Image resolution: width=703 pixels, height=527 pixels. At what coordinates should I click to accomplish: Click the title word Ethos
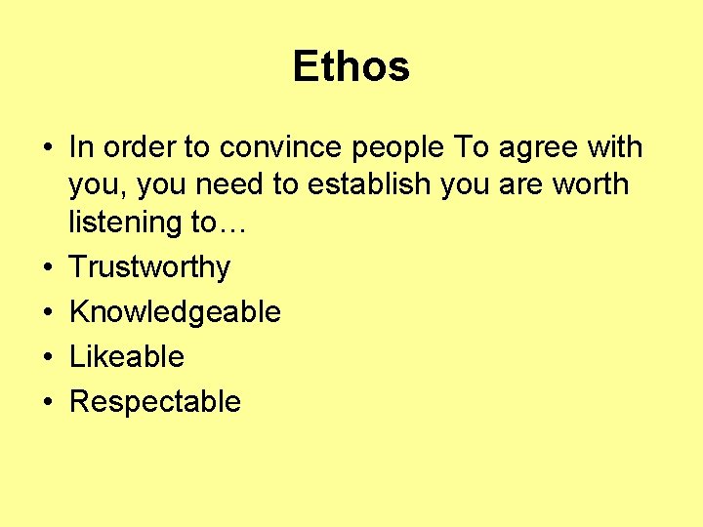click(351, 67)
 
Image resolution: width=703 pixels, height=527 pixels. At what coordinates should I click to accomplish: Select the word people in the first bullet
click(402, 147)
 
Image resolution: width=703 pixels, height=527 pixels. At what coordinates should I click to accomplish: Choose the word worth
click(594, 184)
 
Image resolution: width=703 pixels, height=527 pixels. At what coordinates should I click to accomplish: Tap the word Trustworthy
click(149, 267)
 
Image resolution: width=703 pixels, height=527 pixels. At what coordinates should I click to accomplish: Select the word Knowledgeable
click(175, 312)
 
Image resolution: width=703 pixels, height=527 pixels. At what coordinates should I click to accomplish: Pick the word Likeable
click(126, 356)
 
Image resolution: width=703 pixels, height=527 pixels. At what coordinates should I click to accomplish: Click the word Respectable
click(154, 401)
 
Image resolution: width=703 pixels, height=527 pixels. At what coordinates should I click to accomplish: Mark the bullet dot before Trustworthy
click(46, 267)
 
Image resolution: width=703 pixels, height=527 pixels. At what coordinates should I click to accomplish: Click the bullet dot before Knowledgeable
click(46, 312)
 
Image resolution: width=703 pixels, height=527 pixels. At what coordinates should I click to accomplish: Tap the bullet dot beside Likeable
click(46, 357)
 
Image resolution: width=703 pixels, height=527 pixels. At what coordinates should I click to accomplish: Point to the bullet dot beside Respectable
click(46, 402)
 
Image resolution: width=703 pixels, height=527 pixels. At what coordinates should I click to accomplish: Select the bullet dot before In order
click(46, 148)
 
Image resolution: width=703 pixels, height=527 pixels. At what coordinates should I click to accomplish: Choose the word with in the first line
click(615, 147)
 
